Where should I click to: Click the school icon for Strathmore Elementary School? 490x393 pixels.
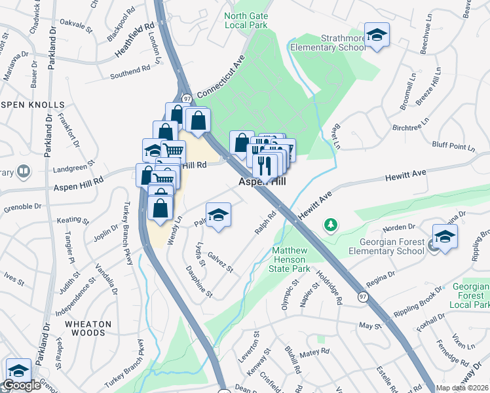377,35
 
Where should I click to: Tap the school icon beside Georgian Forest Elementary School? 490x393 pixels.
445,236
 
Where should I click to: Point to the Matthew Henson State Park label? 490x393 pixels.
290,259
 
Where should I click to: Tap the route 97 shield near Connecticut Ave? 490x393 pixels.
187,98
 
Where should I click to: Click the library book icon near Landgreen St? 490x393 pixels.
24,172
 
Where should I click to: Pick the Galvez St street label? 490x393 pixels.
220,263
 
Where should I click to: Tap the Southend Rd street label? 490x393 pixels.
131,70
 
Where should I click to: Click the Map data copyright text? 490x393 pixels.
462,388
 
